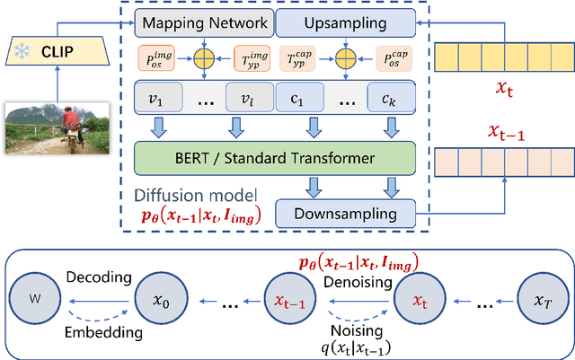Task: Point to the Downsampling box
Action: (x=346, y=213)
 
